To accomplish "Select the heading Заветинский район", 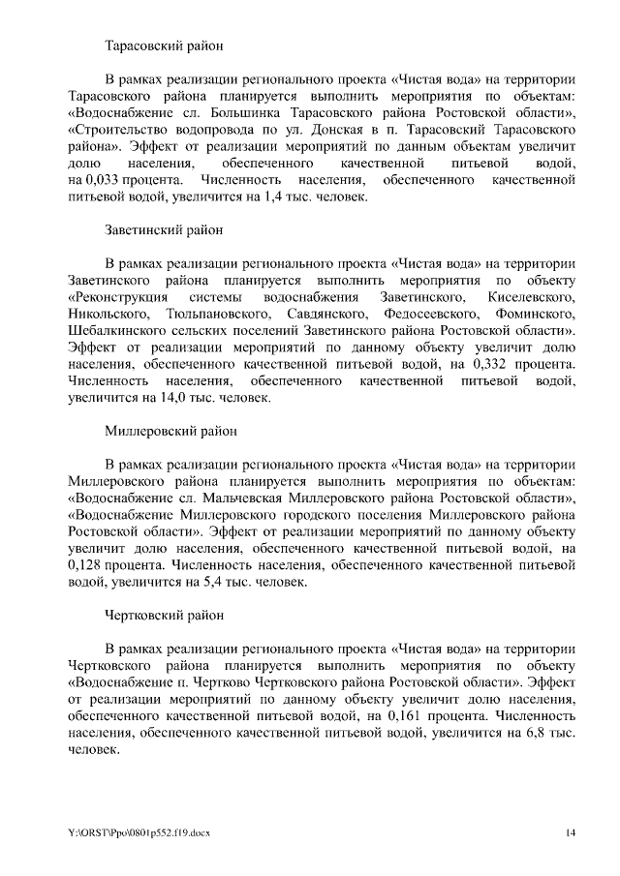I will tap(163, 230).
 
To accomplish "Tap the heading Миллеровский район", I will tap(170, 429).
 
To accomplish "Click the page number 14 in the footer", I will tap(571, 832).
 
